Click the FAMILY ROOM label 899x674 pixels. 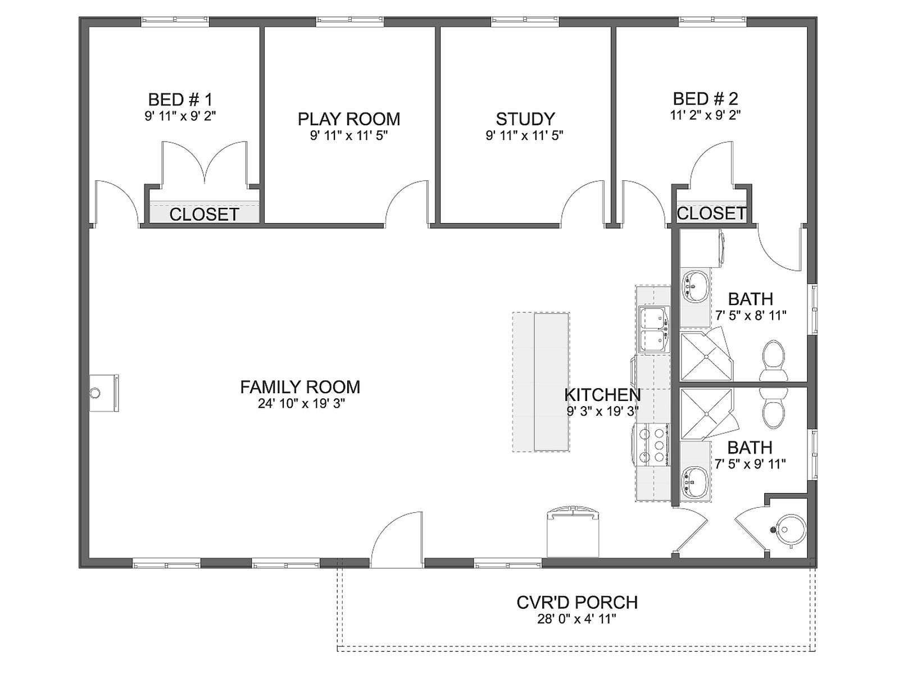click(300, 387)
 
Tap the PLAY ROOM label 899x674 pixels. click(348, 119)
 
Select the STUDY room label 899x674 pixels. click(525, 119)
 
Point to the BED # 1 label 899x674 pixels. click(180, 99)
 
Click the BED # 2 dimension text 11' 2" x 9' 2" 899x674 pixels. click(705, 115)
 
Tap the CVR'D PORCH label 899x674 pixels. click(577, 602)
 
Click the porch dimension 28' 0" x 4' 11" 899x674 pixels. click(576, 619)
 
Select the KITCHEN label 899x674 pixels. click(602, 395)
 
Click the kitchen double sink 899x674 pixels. click(654, 330)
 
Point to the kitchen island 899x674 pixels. click(541, 382)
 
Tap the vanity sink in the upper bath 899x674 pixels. click(694, 286)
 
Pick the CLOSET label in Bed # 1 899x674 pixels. click(204, 215)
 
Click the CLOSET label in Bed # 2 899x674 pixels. click(711, 213)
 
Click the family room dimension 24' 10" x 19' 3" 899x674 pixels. click(300, 404)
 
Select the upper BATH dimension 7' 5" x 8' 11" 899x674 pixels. click(750, 316)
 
